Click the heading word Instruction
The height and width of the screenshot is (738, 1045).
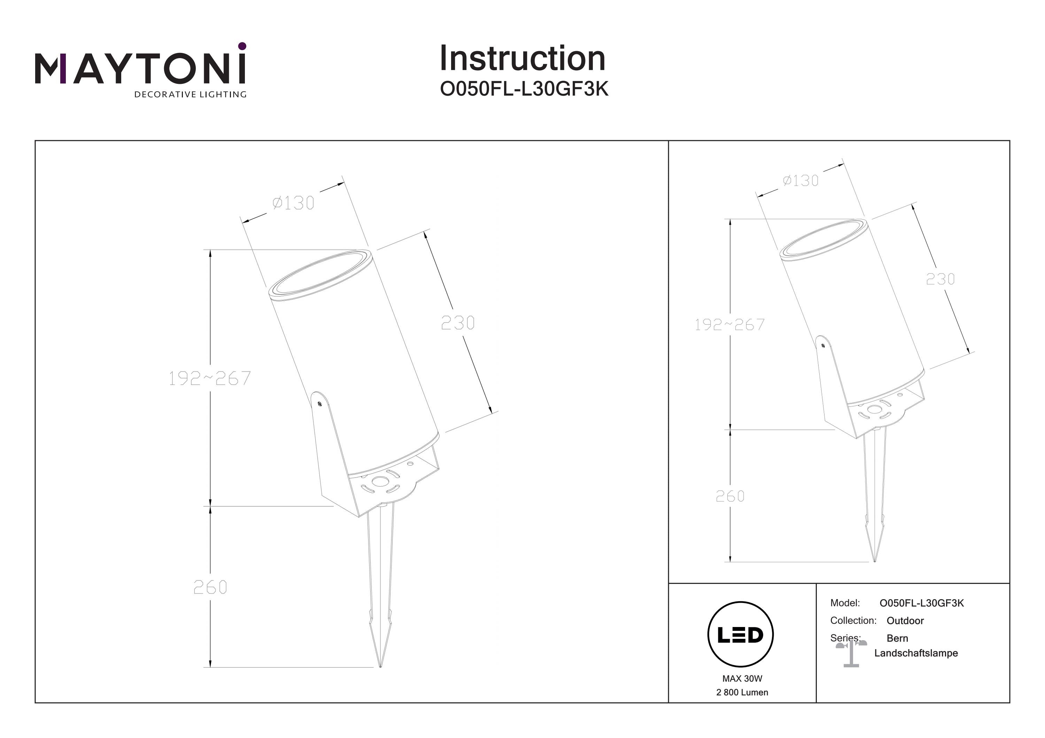tap(522, 59)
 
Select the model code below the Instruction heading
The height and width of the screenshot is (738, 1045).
tap(524, 89)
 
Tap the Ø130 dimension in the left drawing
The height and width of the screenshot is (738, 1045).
tap(293, 203)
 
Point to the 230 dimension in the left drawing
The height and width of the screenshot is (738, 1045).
tap(458, 323)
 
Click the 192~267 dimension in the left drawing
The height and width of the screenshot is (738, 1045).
tap(209, 378)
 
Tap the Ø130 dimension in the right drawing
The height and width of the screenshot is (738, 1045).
tap(800, 181)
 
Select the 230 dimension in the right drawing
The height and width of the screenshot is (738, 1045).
tap(940, 279)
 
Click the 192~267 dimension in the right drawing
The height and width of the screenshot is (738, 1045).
tap(730, 325)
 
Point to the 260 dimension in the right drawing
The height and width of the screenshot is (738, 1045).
tap(730, 496)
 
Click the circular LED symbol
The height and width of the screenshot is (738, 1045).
tap(741, 635)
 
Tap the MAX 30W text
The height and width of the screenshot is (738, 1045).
tap(742, 679)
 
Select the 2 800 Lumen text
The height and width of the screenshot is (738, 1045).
tap(742, 692)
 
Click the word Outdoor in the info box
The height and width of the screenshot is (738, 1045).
tap(905, 621)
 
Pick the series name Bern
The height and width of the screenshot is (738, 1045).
tap(897, 638)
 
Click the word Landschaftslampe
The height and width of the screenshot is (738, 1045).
tap(916, 653)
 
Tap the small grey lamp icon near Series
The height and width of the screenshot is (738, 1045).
tap(851, 653)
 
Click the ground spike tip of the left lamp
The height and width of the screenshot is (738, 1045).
tap(380, 667)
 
